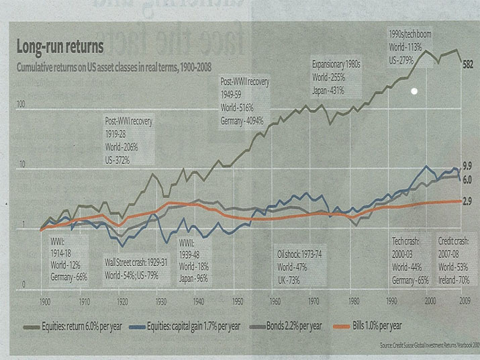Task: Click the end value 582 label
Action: click(469, 64)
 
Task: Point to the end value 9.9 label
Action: click(469, 165)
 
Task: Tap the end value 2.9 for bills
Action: click(469, 201)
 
